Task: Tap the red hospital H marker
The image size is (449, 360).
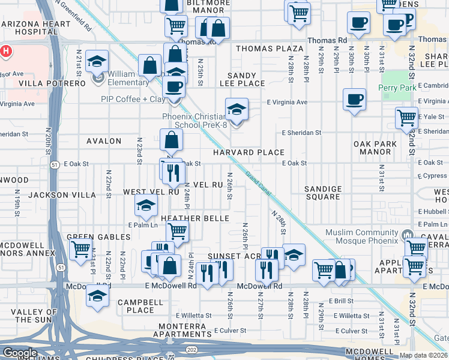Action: pyautogui.click(x=6, y=52)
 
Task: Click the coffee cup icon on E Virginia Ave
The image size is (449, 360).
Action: pyautogui.click(x=354, y=99)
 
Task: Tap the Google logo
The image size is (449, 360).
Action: pyautogui.click(x=20, y=353)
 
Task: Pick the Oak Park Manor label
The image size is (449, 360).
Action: pyautogui.click(x=375, y=148)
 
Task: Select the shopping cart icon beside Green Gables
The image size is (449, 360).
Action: pyautogui.click(x=80, y=249)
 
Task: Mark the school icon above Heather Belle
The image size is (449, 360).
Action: pyautogui.click(x=146, y=206)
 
